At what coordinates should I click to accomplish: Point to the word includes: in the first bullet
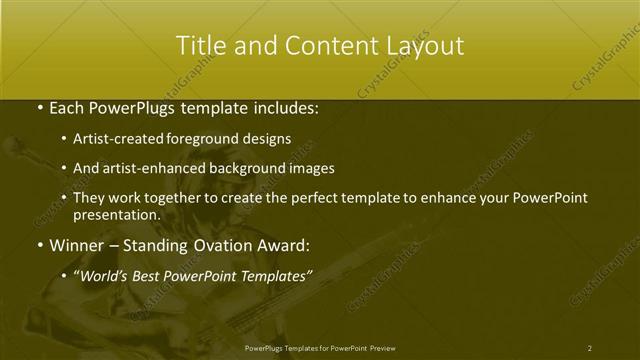(283, 106)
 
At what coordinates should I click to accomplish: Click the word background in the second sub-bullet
(240, 169)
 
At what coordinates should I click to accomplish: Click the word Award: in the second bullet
(286, 243)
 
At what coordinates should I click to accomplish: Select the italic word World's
(103, 273)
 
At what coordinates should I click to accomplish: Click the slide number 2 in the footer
(590, 347)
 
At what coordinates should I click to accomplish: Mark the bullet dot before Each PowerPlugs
(38, 106)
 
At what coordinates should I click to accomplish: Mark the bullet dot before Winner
(38, 243)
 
